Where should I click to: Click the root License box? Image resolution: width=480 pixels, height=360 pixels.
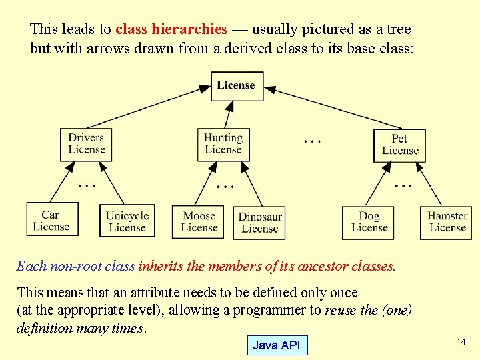coord(237,86)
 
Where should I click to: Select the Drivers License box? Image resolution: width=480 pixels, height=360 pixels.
coord(86,144)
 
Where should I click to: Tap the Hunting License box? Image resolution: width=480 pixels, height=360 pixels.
coord(223,144)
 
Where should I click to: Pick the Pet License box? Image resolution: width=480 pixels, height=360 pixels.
coord(400,145)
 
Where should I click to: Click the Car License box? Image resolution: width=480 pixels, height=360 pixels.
coord(51,221)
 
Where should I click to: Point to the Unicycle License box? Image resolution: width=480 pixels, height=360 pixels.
coord(127,222)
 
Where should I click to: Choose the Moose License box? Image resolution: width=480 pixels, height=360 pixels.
coord(199,222)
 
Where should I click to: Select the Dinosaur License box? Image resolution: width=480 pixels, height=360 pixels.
coord(260,223)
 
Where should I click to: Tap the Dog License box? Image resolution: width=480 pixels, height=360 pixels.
coord(369,222)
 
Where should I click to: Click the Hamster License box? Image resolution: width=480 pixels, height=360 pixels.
coord(447,222)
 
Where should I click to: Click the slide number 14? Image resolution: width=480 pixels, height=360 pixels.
coord(461,342)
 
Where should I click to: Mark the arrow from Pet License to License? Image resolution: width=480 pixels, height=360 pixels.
coord(333,108)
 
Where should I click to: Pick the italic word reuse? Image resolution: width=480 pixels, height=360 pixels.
coord(340,311)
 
